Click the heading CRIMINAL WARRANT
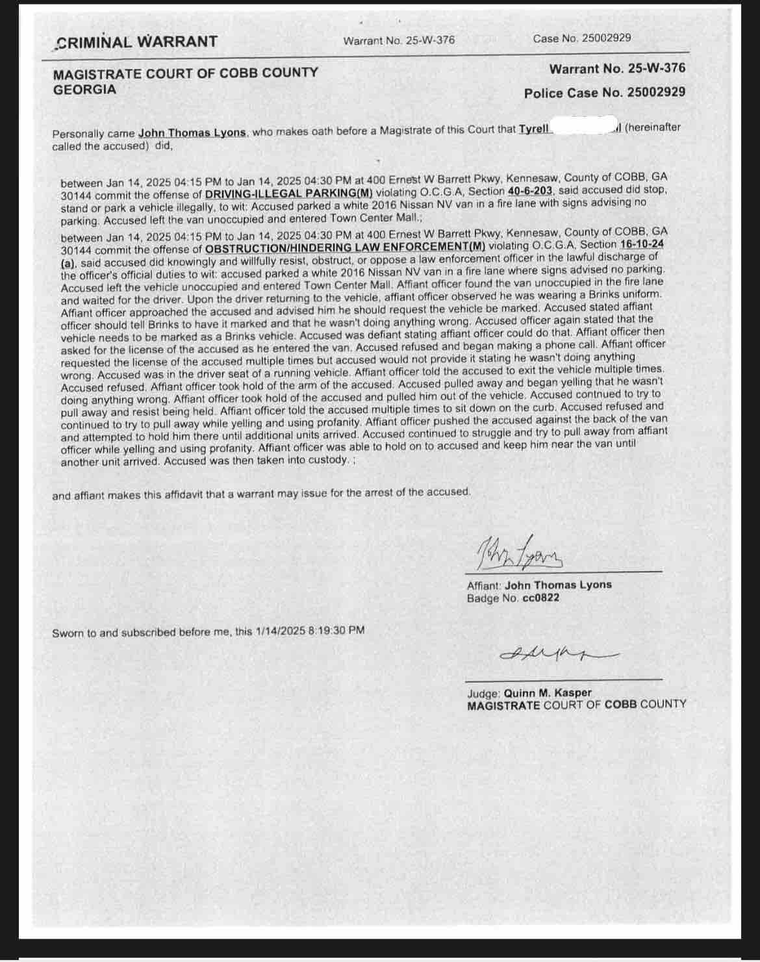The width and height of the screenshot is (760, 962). tap(137, 42)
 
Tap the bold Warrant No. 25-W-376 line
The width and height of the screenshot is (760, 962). tap(616, 68)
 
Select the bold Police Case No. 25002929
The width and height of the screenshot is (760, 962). tap(604, 93)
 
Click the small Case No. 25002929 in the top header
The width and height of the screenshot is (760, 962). tap(581, 38)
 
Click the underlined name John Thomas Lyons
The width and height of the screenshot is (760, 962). tap(192, 133)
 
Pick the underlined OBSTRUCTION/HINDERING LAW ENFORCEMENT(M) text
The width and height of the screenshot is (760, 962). tap(345, 247)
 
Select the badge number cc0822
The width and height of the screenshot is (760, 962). tap(539, 598)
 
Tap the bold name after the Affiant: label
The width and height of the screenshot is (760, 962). tap(558, 585)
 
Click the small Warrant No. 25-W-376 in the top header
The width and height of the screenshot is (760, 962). tap(399, 40)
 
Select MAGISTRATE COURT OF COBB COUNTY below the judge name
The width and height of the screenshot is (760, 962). tap(576, 705)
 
